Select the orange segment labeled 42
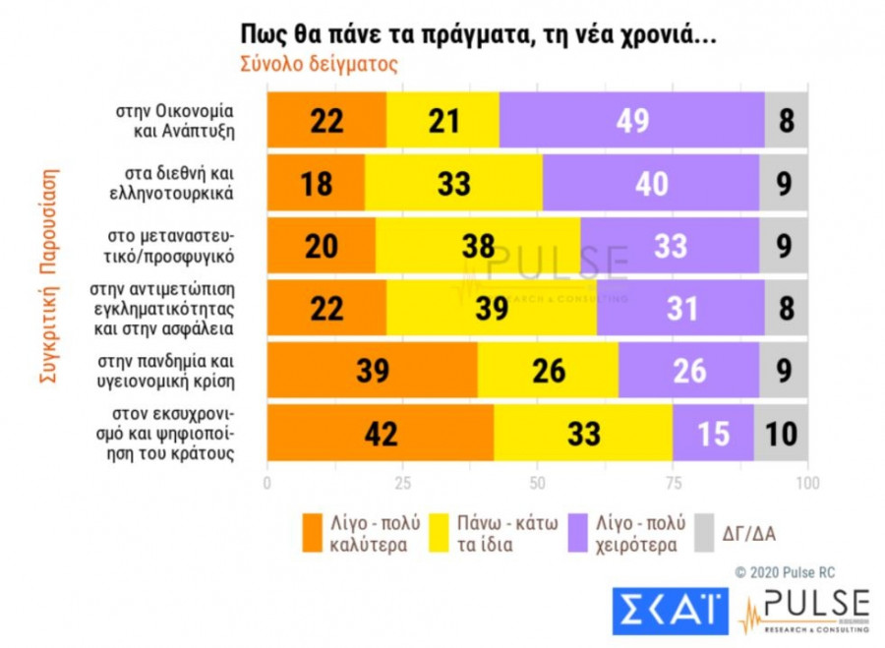click(x=381, y=432)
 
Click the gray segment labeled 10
click(x=782, y=432)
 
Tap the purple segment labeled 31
click(x=679, y=307)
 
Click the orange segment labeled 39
click(x=373, y=370)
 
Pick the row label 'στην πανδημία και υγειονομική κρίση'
click(x=173, y=370)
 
